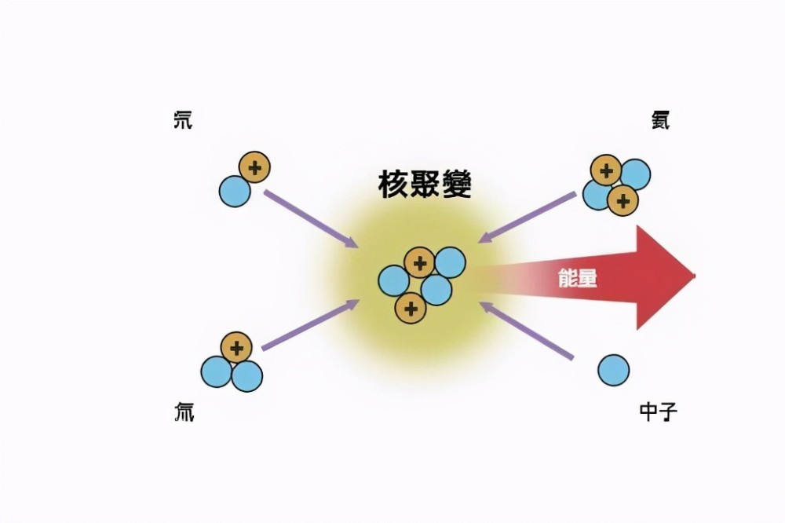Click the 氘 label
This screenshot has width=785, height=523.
(x=183, y=121)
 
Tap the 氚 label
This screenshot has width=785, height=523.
(x=184, y=411)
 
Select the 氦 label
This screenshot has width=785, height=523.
(x=660, y=120)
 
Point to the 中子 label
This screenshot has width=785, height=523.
(x=659, y=411)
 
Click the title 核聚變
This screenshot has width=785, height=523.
(x=425, y=185)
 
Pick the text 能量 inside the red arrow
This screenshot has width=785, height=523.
(x=578, y=277)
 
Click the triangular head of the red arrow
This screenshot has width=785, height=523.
(x=666, y=277)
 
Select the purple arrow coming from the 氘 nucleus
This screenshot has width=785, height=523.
(x=311, y=218)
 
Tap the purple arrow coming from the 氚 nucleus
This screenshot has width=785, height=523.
(x=310, y=324)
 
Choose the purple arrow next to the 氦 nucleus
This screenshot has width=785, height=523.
(x=528, y=218)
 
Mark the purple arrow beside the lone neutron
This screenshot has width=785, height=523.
(x=526, y=331)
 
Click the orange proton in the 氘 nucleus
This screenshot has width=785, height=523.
(x=255, y=167)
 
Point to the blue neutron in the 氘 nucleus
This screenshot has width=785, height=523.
(x=235, y=192)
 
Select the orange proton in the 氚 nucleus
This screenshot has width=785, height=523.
(x=237, y=348)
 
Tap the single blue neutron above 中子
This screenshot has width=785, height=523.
(x=614, y=370)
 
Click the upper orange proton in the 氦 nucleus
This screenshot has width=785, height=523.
(x=606, y=170)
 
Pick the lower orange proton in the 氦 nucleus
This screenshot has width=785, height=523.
(x=623, y=200)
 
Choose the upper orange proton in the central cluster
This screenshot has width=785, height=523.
(x=419, y=262)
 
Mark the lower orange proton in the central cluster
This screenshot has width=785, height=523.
(x=411, y=308)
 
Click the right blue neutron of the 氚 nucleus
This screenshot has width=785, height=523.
(x=246, y=375)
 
